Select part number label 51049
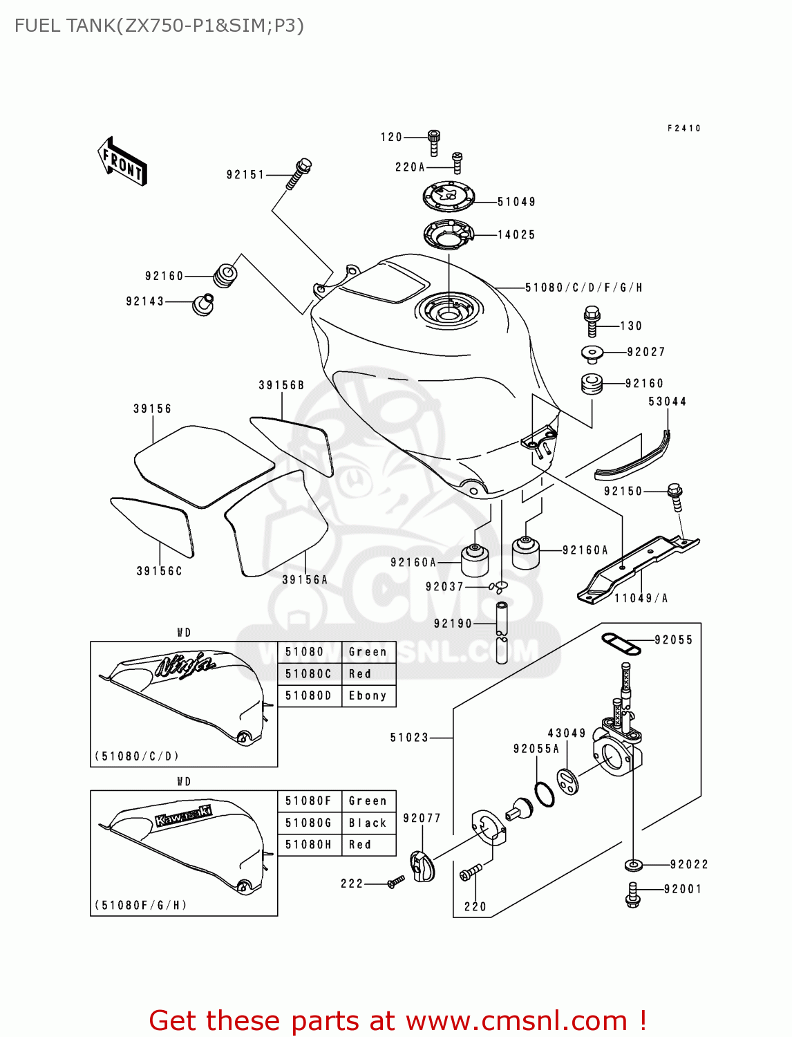516,202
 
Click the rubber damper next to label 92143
202,303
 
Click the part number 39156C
159,571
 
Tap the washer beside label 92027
592,354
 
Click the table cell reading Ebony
368,695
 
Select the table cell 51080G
309,823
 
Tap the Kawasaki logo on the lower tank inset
184,815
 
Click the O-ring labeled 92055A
545,795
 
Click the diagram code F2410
683,129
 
